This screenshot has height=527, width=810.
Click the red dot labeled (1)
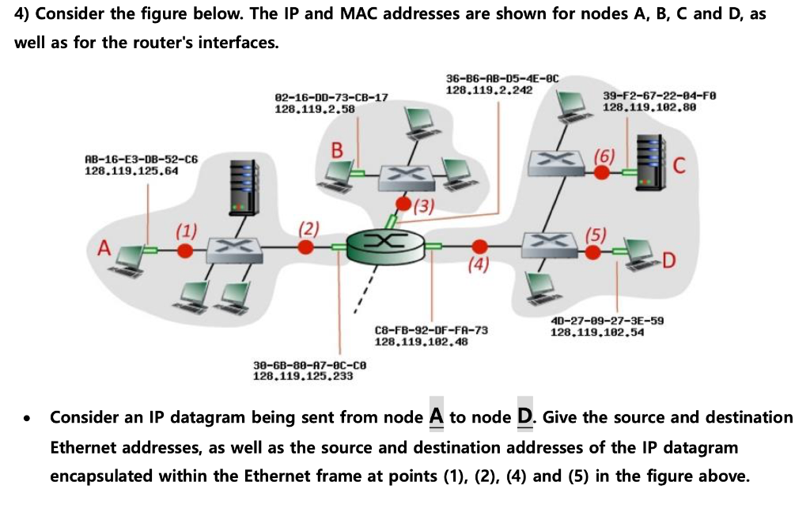pyautogui.click(x=185, y=250)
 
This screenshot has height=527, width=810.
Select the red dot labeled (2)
pyautogui.click(x=305, y=247)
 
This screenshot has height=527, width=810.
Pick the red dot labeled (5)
pyautogui.click(x=594, y=251)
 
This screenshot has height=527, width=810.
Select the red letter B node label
pyautogui.click(x=338, y=149)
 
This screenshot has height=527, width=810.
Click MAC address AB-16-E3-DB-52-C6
pyautogui.click(x=131, y=160)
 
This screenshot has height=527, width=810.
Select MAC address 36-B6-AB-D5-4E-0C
pyautogui.click(x=502, y=79)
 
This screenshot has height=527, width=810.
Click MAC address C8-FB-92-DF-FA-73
pyautogui.click(x=431, y=330)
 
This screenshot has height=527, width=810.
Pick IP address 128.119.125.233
pyautogui.click(x=302, y=376)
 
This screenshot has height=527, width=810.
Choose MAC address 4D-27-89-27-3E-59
pyautogui.click(x=607, y=321)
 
